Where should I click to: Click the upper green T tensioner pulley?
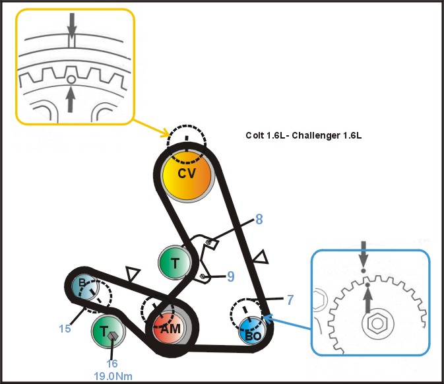click(x=175, y=263)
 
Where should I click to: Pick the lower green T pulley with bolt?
click(x=108, y=333)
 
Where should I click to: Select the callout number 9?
click(x=230, y=276)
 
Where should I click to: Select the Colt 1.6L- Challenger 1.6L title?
click(x=303, y=136)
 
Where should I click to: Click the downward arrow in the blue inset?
click(x=363, y=254)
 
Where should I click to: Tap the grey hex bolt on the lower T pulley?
click(x=113, y=337)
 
